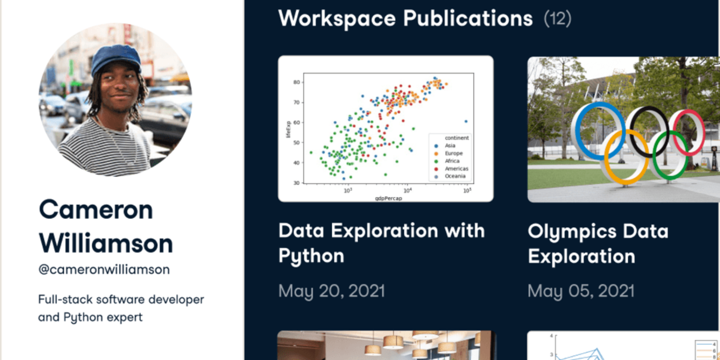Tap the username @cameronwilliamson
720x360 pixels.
click(104, 270)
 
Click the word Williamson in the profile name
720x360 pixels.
click(106, 243)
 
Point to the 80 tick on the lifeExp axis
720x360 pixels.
click(296, 82)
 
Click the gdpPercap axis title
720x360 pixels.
click(388, 198)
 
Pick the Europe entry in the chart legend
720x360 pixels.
click(454, 153)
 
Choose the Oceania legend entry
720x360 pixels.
click(455, 176)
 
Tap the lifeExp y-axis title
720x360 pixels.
click(288, 129)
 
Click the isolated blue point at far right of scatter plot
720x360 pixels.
click(466, 121)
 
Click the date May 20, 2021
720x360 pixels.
click(332, 291)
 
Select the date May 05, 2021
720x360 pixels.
click(581, 291)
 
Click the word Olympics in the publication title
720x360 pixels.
click(572, 232)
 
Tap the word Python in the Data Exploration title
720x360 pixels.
click(311, 256)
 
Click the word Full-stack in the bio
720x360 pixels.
click(65, 300)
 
